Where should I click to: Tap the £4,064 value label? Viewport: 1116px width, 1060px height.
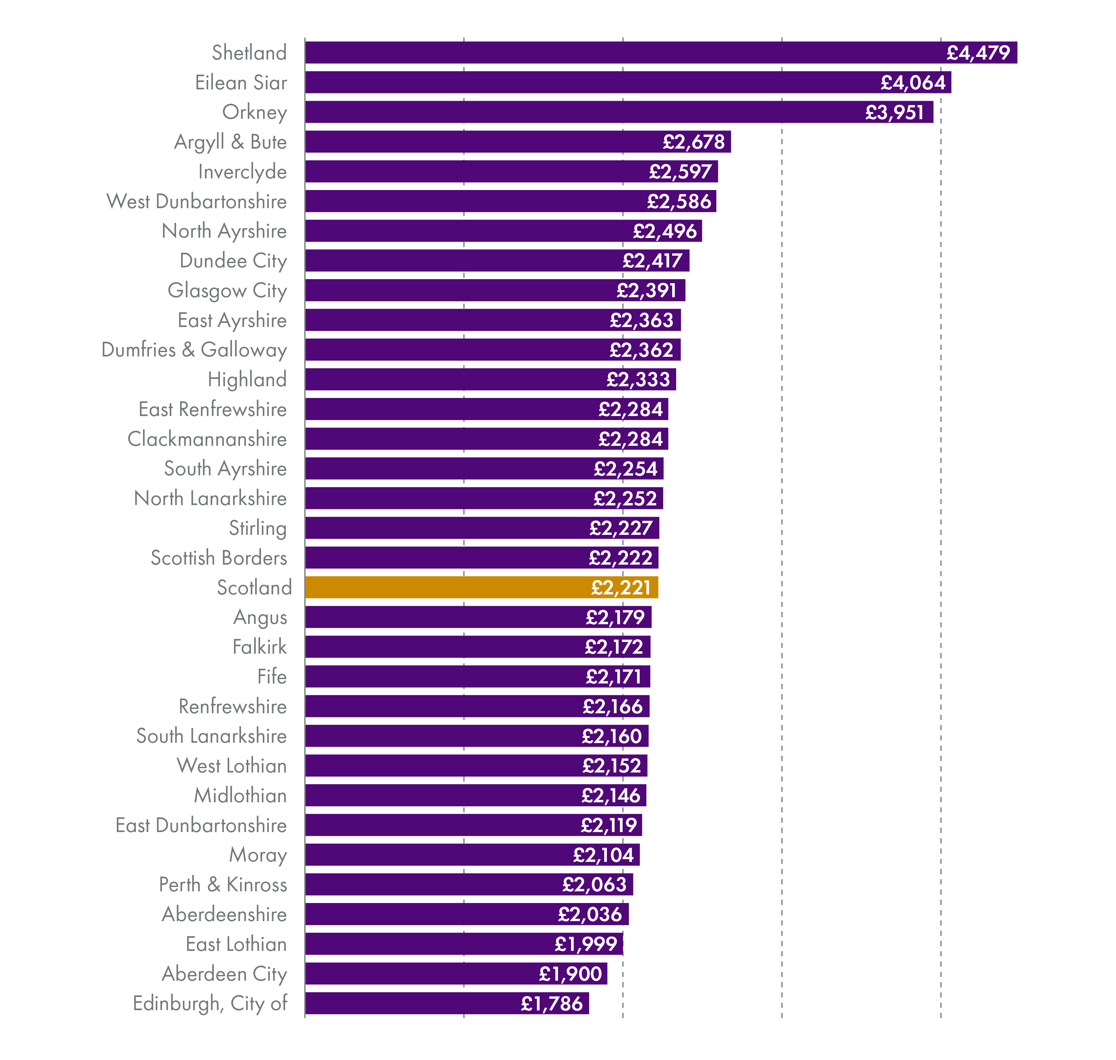coord(912,82)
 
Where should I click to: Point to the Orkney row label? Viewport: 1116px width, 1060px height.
coord(254,112)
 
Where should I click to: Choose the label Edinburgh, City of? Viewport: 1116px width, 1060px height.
coord(210,1003)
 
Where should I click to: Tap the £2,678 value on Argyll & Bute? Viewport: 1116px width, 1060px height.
coord(693,142)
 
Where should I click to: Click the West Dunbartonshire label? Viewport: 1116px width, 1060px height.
coord(196,201)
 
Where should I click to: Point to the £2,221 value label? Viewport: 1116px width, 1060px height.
coord(621,588)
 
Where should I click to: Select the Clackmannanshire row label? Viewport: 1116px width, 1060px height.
coord(207,439)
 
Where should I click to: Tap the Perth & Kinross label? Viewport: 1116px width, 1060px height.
coord(223,884)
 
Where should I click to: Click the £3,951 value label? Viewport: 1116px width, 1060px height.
coord(894,112)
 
